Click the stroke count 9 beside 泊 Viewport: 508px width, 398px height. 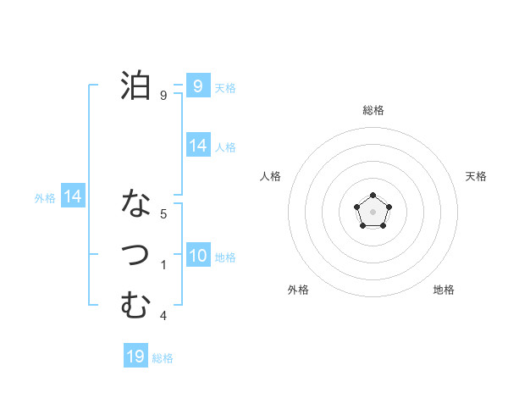pyautogui.click(x=163, y=96)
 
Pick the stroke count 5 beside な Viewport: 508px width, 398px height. pyautogui.click(x=163, y=214)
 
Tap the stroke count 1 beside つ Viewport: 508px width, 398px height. pyautogui.click(x=163, y=265)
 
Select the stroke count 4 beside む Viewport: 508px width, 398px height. pyautogui.click(x=163, y=316)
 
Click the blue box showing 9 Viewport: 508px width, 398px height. pyautogui.click(x=197, y=86)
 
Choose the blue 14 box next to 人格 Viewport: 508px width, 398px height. pyautogui.click(x=197, y=146)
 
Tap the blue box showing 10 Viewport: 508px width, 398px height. pyautogui.click(x=197, y=256)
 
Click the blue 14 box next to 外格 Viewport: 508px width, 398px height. pyautogui.click(x=73, y=196)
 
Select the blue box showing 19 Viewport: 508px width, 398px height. pyautogui.click(x=135, y=357)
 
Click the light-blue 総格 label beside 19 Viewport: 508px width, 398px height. pyautogui.click(x=163, y=358)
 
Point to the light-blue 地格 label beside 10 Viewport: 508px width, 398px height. pyautogui.click(x=226, y=257)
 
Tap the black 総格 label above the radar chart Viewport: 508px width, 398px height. pyautogui.click(x=373, y=110)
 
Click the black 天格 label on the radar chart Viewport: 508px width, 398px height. pyautogui.click(x=477, y=176)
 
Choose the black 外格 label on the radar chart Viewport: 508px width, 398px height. pyautogui.click(x=298, y=290)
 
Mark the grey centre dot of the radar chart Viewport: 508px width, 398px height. pyautogui.click(x=373, y=211)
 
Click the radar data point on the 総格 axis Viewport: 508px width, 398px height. pyautogui.click(x=373, y=196)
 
